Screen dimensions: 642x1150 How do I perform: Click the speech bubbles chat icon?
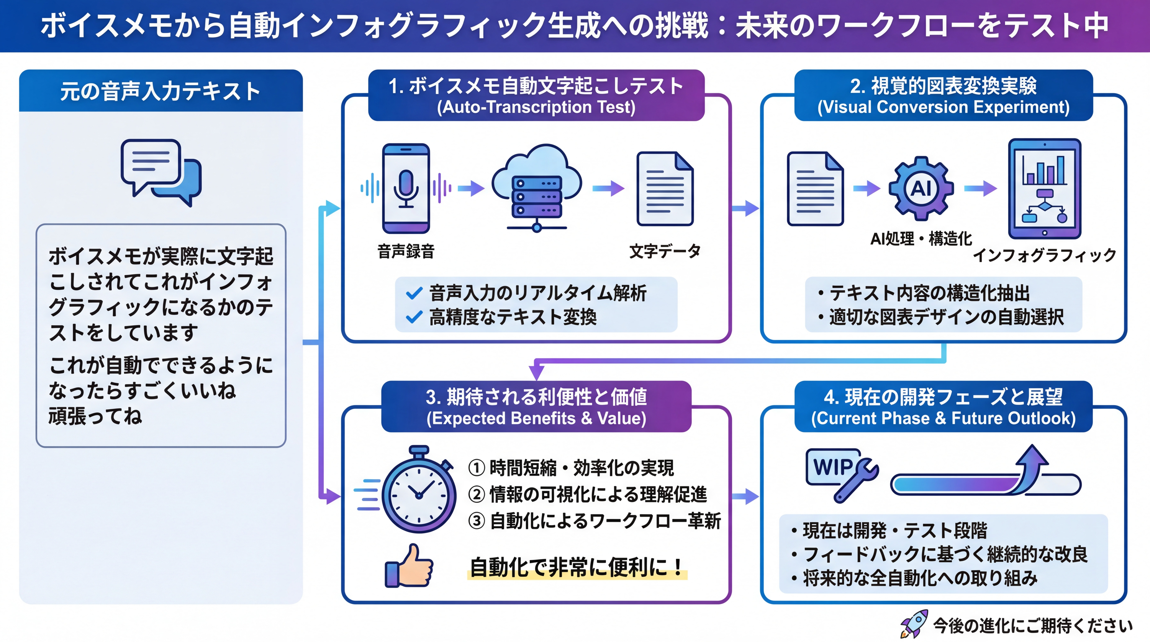click(161, 172)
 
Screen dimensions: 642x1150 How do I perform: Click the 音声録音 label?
click(406, 251)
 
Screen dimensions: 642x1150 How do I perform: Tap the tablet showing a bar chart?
click(1045, 189)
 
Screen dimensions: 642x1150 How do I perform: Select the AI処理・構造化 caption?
click(921, 239)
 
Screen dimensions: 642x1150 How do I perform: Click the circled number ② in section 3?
click(476, 494)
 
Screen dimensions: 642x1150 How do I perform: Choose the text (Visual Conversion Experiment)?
click(943, 107)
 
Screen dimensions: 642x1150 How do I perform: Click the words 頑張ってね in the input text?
click(95, 416)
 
